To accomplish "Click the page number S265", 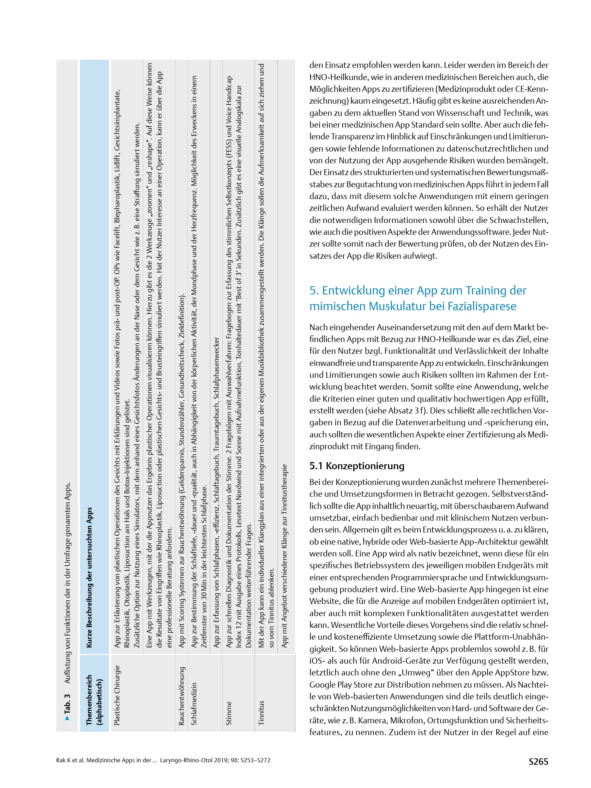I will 538,762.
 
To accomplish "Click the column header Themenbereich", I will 89,700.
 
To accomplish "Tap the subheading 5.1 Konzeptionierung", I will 357,466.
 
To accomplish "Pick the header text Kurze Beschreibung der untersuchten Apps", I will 89,577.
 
